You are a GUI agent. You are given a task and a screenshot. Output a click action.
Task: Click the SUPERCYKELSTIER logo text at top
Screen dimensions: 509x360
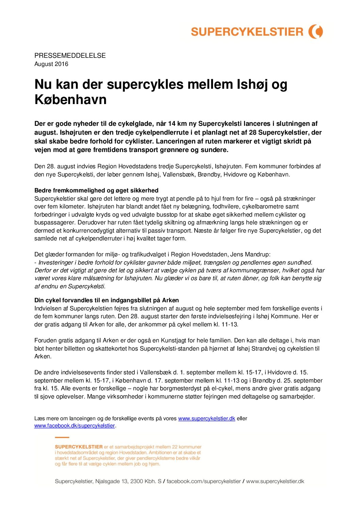pyautogui.click(x=247, y=32)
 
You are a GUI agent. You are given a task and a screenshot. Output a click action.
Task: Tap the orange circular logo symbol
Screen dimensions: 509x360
pyautogui.click(x=316, y=32)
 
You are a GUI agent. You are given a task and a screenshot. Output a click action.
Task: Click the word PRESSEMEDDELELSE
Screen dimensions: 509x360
pyautogui.click(x=70, y=55)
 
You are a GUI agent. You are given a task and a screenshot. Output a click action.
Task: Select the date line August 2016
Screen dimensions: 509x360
pyautogui.click(x=51, y=64)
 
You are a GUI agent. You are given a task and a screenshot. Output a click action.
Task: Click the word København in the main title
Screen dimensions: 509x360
pyautogui.click(x=71, y=100)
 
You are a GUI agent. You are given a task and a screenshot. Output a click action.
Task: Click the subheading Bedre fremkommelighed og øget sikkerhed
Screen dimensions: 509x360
pyautogui.click(x=96, y=190)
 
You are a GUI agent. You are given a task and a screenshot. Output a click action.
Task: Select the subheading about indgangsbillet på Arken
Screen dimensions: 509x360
pyautogui.click(x=107, y=300)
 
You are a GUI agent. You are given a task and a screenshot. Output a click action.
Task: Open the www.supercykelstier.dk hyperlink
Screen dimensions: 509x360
pyautogui.click(x=207, y=419)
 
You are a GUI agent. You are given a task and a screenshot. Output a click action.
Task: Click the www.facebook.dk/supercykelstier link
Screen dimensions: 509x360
pyautogui.click(x=75, y=426)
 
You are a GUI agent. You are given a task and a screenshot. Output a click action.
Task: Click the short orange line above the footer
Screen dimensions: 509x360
pyautogui.click(x=62, y=437)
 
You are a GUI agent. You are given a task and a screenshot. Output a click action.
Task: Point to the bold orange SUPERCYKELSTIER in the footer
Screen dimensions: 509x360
pyautogui.click(x=79, y=447)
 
